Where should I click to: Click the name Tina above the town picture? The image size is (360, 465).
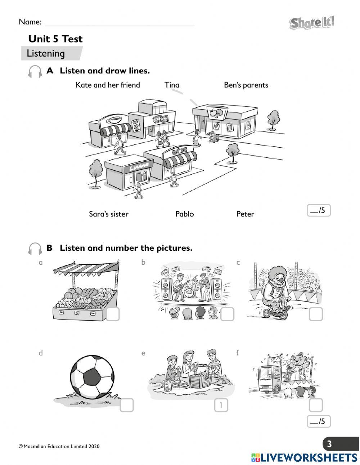(x=172, y=85)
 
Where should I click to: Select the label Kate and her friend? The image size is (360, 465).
(x=108, y=85)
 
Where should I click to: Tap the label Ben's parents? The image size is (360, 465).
(x=246, y=85)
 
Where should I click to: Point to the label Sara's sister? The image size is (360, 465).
(x=108, y=214)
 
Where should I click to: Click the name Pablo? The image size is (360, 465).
(x=184, y=214)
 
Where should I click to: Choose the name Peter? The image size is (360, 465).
(x=245, y=214)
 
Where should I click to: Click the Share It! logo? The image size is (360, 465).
(x=312, y=23)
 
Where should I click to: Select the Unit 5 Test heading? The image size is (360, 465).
(x=55, y=39)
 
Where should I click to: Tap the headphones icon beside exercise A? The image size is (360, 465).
(x=35, y=71)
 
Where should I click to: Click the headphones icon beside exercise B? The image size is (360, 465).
(x=35, y=249)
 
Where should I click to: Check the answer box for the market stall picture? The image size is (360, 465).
(x=113, y=314)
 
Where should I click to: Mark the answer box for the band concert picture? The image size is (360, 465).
(x=227, y=314)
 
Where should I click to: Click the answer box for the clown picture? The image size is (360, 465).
(x=316, y=314)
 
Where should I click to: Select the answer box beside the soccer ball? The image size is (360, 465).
(x=126, y=405)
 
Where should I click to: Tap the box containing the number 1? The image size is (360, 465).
(x=221, y=405)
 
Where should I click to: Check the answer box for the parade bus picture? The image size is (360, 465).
(x=316, y=405)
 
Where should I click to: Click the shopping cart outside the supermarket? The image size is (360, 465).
(x=213, y=137)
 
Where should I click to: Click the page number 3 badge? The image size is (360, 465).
(x=329, y=444)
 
